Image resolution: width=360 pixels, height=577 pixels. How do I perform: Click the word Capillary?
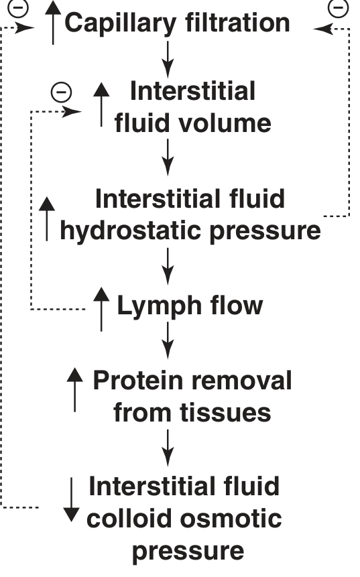[121, 23]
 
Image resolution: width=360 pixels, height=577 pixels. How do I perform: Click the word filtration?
[238, 22]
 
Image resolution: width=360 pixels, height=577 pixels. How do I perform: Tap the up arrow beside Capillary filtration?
[53, 22]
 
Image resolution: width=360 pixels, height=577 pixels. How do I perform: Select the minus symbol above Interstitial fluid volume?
[61, 92]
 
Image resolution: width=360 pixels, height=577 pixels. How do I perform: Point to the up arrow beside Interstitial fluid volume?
[101, 105]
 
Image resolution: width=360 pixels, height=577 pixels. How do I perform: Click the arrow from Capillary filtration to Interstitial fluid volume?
[168, 59]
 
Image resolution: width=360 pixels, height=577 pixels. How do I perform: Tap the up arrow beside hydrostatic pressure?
[47, 219]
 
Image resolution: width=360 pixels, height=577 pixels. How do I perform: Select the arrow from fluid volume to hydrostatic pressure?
[168, 157]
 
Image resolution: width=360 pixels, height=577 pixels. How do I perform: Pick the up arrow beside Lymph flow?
[101, 309]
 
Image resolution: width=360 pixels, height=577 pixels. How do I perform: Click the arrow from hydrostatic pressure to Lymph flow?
[168, 267]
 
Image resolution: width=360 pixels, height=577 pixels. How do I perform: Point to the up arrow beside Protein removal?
[74, 389]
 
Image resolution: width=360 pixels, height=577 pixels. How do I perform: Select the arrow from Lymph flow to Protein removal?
[168, 340]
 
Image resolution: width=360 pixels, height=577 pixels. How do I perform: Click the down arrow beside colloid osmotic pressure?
[72, 500]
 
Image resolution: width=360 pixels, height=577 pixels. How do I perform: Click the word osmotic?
[231, 519]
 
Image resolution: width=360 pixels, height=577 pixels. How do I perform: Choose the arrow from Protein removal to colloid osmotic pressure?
[168, 448]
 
